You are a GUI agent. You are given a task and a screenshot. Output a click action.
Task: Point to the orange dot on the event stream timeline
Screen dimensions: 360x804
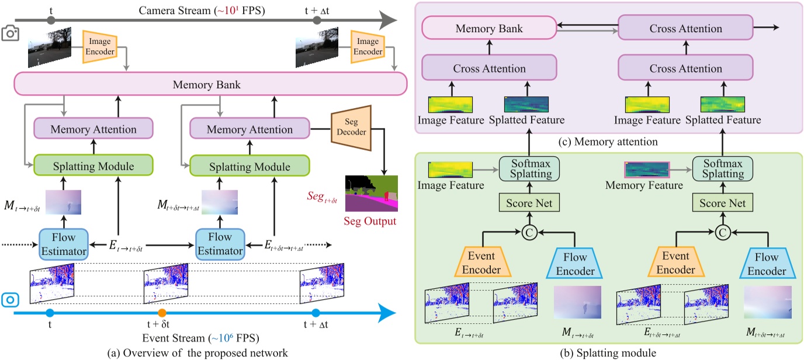click(x=162, y=313)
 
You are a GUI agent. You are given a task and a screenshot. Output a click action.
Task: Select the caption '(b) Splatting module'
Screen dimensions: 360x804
click(x=608, y=352)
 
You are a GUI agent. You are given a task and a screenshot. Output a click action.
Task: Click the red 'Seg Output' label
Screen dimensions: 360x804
click(x=370, y=221)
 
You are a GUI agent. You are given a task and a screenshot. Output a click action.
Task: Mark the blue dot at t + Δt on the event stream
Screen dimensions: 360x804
click(x=316, y=313)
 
